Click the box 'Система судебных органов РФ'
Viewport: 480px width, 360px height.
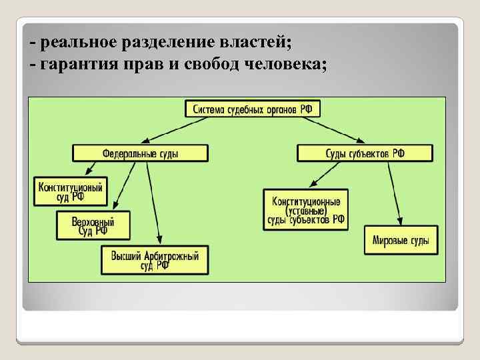click(252, 109)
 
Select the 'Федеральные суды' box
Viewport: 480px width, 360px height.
click(149, 153)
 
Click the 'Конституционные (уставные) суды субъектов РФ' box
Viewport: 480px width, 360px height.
click(306, 210)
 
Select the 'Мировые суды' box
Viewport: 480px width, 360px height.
click(401, 240)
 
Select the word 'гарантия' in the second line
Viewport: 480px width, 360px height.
click(79, 65)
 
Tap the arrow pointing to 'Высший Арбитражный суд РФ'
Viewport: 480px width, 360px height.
click(154, 203)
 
